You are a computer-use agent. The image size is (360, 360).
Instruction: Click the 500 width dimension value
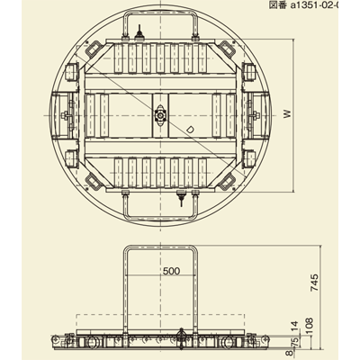172,269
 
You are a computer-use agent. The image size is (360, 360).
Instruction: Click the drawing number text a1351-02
323,5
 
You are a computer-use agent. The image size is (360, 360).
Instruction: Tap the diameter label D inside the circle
190,128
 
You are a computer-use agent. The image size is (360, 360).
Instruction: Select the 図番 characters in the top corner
279,5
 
